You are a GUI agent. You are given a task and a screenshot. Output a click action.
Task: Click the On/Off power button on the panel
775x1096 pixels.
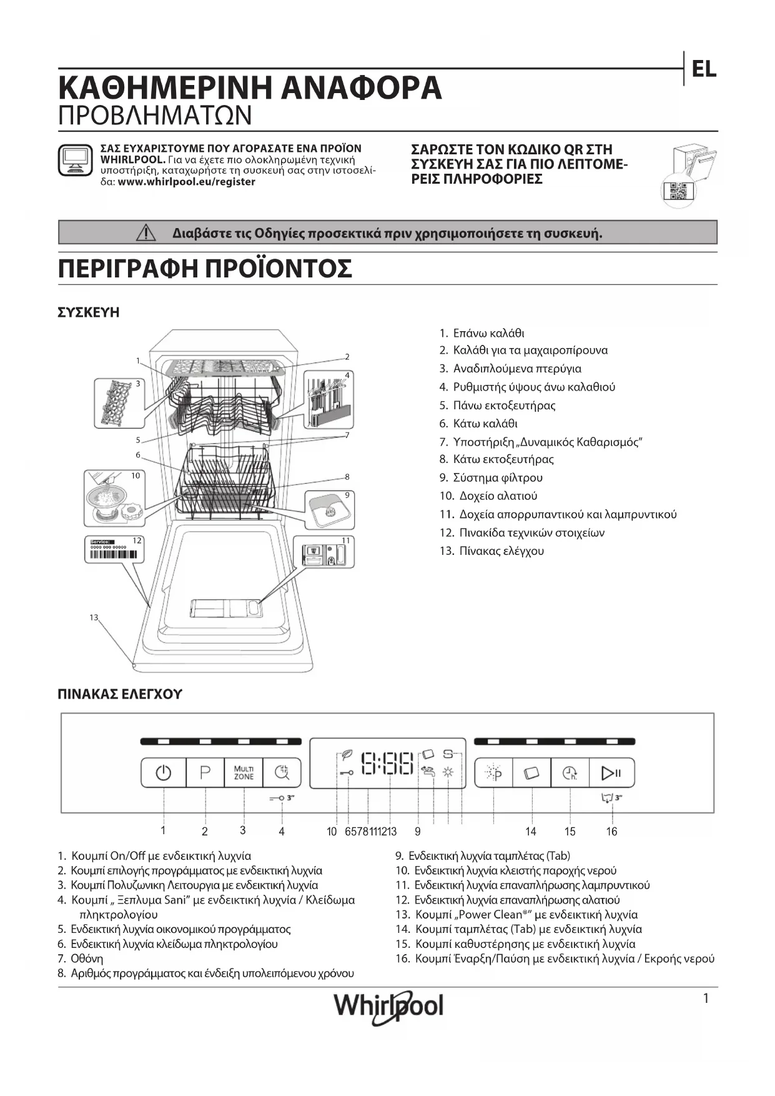pyautogui.click(x=164, y=773)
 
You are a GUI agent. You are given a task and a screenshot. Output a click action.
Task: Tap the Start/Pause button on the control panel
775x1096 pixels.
pyautogui.click(x=611, y=773)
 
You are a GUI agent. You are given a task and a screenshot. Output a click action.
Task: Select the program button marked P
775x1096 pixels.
pyautogui.click(x=205, y=773)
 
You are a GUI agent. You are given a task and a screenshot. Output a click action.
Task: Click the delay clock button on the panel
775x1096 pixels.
pyautogui.click(x=570, y=773)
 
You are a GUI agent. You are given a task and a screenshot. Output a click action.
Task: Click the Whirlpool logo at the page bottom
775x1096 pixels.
pyautogui.click(x=388, y=1006)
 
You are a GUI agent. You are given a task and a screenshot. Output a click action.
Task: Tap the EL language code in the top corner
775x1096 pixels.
pyautogui.click(x=704, y=69)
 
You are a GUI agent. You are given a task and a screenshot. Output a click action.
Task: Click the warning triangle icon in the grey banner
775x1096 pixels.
pyautogui.click(x=146, y=233)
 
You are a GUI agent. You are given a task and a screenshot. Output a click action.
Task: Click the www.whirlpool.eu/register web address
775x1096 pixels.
pyautogui.click(x=186, y=182)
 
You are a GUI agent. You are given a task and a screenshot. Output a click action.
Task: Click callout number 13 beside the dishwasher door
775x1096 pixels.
pyautogui.click(x=94, y=617)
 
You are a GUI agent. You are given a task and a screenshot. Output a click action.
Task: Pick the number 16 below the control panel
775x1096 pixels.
pyautogui.click(x=611, y=831)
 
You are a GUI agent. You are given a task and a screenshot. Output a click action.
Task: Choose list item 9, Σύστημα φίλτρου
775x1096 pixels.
pyautogui.click(x=491, y=477)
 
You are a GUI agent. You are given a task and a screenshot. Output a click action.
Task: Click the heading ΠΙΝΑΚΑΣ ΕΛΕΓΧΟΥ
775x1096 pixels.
pyautogui.click(x=119, y=694)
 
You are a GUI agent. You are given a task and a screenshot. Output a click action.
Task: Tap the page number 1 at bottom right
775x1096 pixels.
pyautogui.click(x=706, y=999)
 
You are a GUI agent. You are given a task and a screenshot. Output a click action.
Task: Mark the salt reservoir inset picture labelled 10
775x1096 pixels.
pyautogui.click(x=113, y=498)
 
